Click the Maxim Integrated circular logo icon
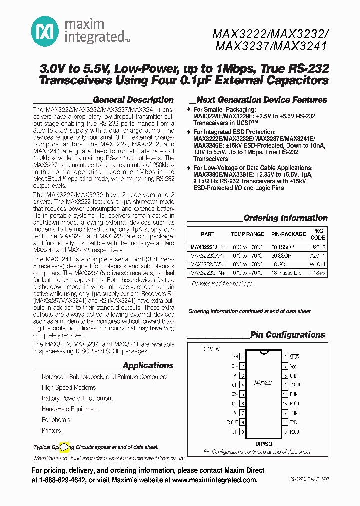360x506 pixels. [45, 31]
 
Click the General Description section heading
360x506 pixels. [133, 100]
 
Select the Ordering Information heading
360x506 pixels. [285, 218]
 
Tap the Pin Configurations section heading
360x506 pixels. [287, 335]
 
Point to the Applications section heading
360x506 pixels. [148, 365]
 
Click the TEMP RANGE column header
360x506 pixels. [247, 234]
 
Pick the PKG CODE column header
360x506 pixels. [317, 234]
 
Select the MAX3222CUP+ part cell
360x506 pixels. [207, 247]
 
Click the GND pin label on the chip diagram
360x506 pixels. [294, 375]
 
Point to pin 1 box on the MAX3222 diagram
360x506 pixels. [242, 357]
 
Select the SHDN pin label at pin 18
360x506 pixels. [295, 357]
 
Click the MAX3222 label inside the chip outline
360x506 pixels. [263, 383]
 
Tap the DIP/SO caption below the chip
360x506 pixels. [263, 443]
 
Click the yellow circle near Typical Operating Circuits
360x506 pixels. [64, 447]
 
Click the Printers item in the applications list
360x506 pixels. [51, 430]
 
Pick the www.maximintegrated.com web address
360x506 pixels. [214, 480]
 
